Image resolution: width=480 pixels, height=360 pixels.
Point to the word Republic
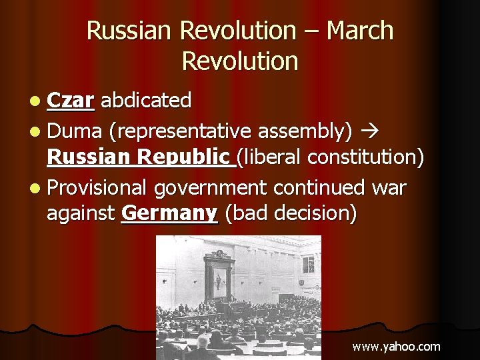[x=187, y=157]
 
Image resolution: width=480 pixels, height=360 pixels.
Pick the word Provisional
[x=97, y=189]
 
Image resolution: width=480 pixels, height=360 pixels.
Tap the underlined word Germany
[x=170, y=214]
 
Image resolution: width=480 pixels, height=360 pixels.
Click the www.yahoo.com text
[x=396, y=346]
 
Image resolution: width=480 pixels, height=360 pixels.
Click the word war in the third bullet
[x=389, y=189]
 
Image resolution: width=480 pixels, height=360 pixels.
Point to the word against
[x=81, y=214]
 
